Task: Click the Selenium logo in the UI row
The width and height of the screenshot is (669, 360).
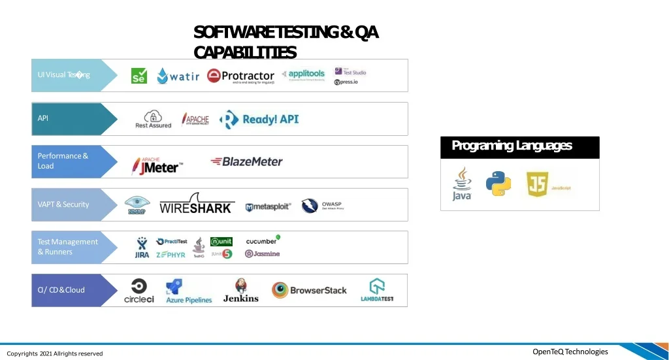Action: pos(139,75)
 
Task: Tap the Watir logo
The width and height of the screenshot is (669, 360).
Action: pos(178,76)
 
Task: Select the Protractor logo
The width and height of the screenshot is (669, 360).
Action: pos(240,76)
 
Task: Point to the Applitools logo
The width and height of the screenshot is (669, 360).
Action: pos(303,74)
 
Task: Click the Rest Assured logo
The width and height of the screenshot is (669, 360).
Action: pos(153,119)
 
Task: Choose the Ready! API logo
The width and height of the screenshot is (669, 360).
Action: pos(259,119)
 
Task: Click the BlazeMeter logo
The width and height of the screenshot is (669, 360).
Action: pos(246,161)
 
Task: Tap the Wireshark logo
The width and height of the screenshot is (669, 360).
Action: pos(196,204)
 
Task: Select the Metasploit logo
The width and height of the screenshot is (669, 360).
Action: pos(268,207)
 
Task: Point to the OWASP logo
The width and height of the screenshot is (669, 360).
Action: pos(321,206)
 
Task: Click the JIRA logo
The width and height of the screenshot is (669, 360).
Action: pos(142,248)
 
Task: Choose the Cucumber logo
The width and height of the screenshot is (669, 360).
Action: pos(263,240)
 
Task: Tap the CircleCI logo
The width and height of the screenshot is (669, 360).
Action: pos(139,291)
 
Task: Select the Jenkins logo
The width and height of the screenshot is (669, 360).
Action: pos(241,291)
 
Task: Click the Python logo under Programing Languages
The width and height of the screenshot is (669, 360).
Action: pos(498,184)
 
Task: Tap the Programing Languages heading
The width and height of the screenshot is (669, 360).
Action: pos(512,146)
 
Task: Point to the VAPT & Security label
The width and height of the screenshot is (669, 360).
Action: pos(63,205)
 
